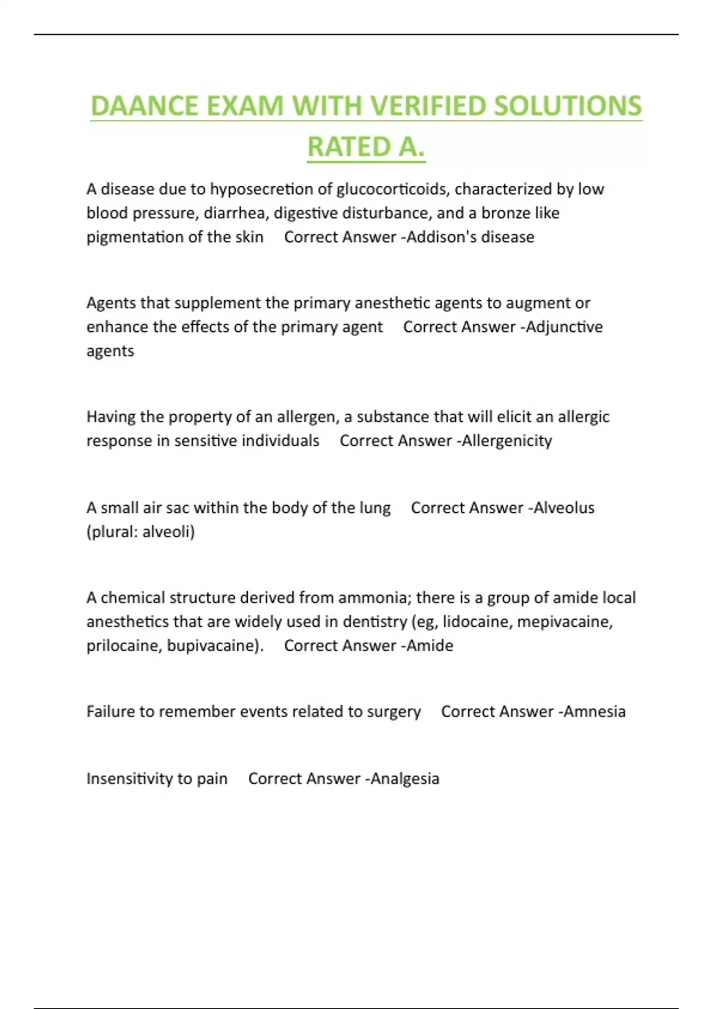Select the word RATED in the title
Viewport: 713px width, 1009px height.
click(349, 147)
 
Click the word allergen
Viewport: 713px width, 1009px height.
click(305, 417)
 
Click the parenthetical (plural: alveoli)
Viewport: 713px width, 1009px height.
click(140, 532)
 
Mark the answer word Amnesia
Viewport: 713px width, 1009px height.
click(594, 712)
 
